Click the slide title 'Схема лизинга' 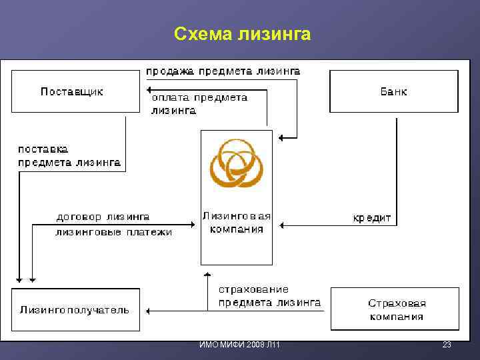point(242,33)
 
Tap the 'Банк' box point(394,91)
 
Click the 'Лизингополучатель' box point(75,309)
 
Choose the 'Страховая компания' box point(396,309)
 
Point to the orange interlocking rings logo point(237,163)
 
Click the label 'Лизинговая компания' point(237,223)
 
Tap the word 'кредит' point(372,218)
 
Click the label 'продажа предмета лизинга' point(223,71)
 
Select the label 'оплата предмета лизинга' point(199,104)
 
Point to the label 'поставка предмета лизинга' point(69,156)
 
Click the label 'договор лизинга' point(103,217)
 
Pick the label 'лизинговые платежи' point(113,233)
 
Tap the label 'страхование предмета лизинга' point(269,296)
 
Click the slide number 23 point(447,345)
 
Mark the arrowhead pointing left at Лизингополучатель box point(149,311)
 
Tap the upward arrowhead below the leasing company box point(207,275)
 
